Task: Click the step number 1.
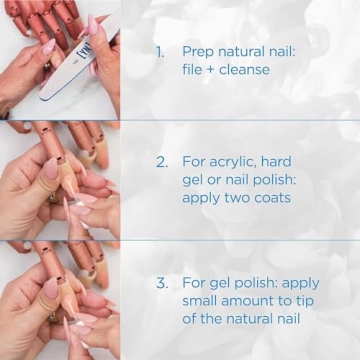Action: (x=160, y=51)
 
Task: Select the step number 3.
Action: (x=161, y=283)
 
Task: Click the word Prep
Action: (x=199, y=51)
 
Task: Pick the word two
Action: (x=244, y=197)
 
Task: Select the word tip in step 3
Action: (x=315, y=302)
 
